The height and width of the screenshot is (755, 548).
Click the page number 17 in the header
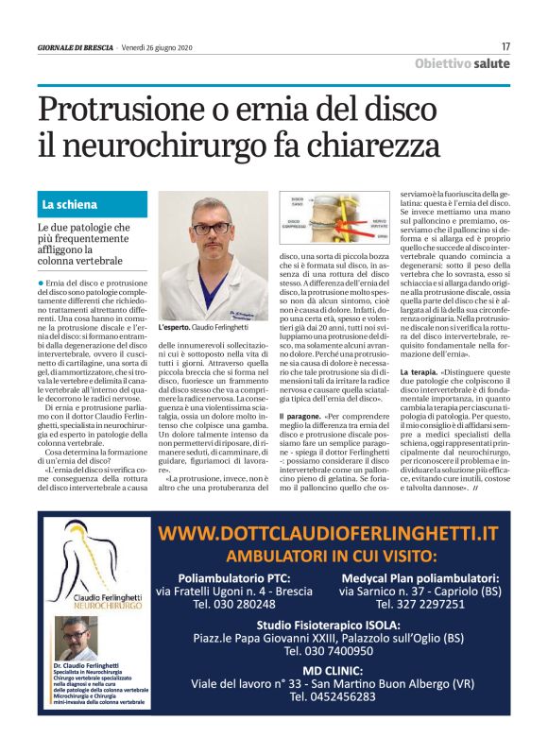click(505, 46)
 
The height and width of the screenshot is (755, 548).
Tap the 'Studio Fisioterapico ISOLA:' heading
click(328, 623)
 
